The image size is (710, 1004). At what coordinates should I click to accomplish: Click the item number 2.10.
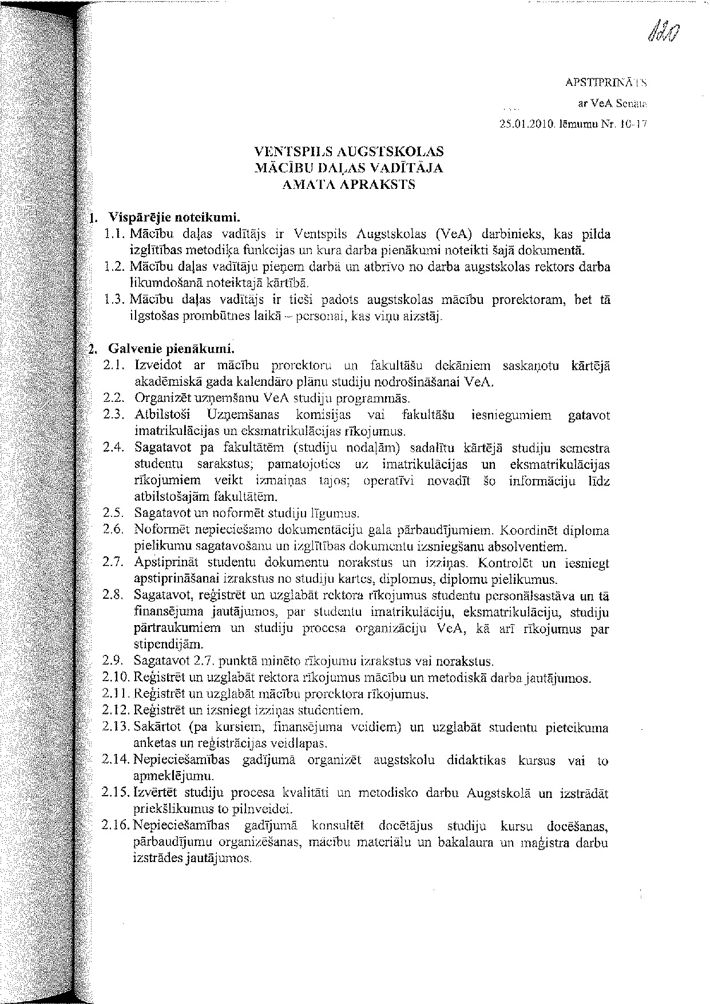click(x=116, y=678)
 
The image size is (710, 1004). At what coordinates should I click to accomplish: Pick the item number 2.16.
click(x=116, y=826)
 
